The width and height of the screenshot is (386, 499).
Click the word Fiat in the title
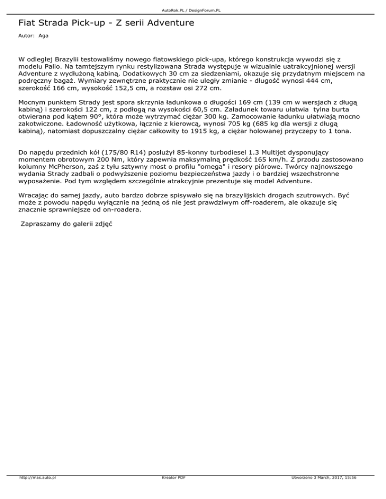pyautogui.click(x=26, y=23)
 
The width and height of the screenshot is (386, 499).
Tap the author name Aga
pyautogui.click(x=43, y=36)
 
